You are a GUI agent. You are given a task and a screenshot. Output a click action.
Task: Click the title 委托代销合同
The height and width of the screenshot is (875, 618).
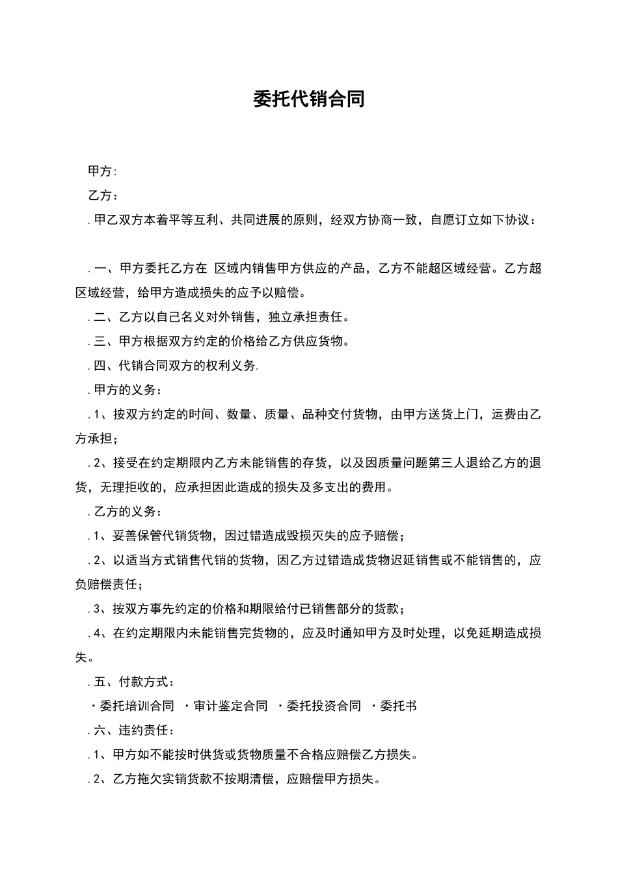[x=308, y=99]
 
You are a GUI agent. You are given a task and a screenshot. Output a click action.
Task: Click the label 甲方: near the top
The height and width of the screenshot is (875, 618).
[x=102, y=171]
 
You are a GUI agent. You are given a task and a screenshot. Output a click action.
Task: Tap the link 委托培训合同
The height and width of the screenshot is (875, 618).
[x=137, y=706]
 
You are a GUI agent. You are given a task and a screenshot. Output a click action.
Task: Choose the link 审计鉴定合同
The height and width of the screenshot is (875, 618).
[x=231, y=706]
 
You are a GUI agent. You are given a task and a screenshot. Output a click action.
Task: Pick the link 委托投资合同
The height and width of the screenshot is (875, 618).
[x=324, y=706]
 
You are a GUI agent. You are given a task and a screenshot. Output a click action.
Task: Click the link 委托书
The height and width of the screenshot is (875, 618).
[x=398, y=706]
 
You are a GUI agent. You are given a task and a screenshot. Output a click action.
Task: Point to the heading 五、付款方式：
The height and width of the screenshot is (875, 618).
[x=134, y=682]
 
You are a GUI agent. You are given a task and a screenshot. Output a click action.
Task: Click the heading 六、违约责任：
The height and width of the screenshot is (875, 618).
[x=134, y=730]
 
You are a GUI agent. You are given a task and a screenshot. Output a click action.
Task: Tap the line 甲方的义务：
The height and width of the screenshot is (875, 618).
[x=128, y=390]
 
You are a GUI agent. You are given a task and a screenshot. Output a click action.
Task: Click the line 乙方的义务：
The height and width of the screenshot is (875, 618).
[x=128, y=512]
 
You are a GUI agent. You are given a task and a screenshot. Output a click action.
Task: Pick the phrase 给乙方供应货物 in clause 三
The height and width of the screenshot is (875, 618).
[x=305, y=341]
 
